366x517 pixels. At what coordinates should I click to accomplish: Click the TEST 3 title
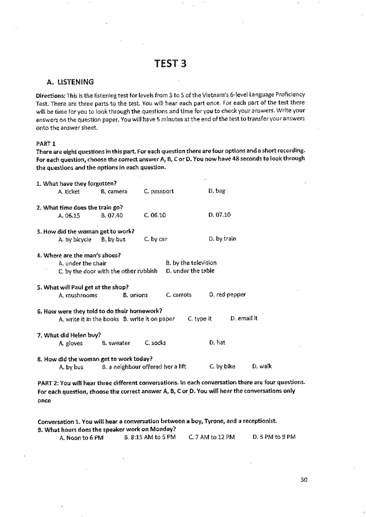pos(170,64)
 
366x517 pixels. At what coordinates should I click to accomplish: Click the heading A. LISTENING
pos(70,82)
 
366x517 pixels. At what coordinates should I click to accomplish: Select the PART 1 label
pos(46,144)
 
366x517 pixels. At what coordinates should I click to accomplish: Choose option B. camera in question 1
pos(114,191)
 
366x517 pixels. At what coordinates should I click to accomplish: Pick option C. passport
pos(159,191)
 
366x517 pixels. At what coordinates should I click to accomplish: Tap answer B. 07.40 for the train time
pos(112,215)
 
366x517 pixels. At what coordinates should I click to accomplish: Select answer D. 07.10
pos(220,215)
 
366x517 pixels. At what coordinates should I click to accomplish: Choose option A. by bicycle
pos(75,239)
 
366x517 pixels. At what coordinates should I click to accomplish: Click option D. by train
pos(222,239)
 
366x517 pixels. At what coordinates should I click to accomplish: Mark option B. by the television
pos(191,263)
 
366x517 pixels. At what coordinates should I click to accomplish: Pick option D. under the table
pos(190,271)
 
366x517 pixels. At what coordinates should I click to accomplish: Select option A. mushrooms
pos(78,295)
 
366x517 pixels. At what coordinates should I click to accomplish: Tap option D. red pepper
pos(227,295)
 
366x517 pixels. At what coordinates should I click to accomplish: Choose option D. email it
pos(244,319)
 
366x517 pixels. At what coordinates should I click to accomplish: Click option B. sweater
pos(116,343)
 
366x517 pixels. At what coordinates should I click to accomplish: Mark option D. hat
pos(217,343)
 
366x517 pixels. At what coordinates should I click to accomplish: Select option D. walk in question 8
pos(262,366)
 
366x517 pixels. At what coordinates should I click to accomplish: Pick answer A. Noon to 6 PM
pos(81,438)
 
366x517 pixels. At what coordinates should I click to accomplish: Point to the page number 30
pos(304,480)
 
